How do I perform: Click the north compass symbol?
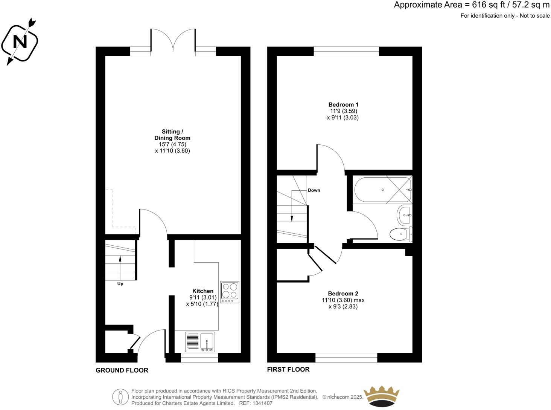click(20, 41)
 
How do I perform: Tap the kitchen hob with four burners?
click(230, 292)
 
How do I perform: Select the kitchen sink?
click(207, 342)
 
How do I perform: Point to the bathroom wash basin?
click(404, 215)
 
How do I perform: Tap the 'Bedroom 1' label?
click(343, 105)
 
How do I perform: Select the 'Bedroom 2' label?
click(343, 294)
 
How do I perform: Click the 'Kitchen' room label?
click(203, 291)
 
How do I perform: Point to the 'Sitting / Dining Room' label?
click(172, 135)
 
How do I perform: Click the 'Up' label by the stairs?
click(120, 284)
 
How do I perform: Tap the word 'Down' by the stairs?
click(314, 190)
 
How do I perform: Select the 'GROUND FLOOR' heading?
click(122, 370)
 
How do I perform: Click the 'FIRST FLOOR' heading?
click(288, 369)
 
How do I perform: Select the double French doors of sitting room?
click(173, 41)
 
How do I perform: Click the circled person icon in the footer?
click(120, 397)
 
